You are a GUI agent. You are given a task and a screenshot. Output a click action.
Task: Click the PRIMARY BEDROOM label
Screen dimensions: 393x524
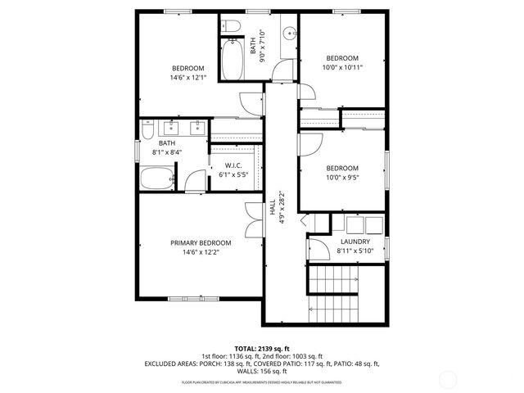pyautogui.click(x=201, y=243)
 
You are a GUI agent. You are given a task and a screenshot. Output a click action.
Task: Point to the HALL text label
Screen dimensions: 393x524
pyautogui.click(x=272, y=209)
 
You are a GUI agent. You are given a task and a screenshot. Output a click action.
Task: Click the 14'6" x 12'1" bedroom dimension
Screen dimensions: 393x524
pyautogui.click(x=188, y=78)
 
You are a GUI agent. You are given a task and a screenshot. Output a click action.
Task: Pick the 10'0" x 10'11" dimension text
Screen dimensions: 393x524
pyautogui.click(x=342, y=68)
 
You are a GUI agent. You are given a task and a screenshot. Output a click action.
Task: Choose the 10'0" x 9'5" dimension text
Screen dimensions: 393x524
pyautogui.click(x=342, y=177)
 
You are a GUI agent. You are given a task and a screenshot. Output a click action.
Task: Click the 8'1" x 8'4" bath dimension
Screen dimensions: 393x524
pyautogui.click(x=167, y=152)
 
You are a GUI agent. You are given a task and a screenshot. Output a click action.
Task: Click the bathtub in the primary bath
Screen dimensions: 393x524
pyautogui.click(x=156, y=177)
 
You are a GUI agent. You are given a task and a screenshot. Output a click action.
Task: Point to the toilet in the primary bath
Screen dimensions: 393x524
pyautogui.click(x=147, y=130)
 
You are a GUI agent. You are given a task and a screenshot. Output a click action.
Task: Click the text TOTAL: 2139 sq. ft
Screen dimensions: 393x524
pyautogui.click(x=261, y=349)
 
